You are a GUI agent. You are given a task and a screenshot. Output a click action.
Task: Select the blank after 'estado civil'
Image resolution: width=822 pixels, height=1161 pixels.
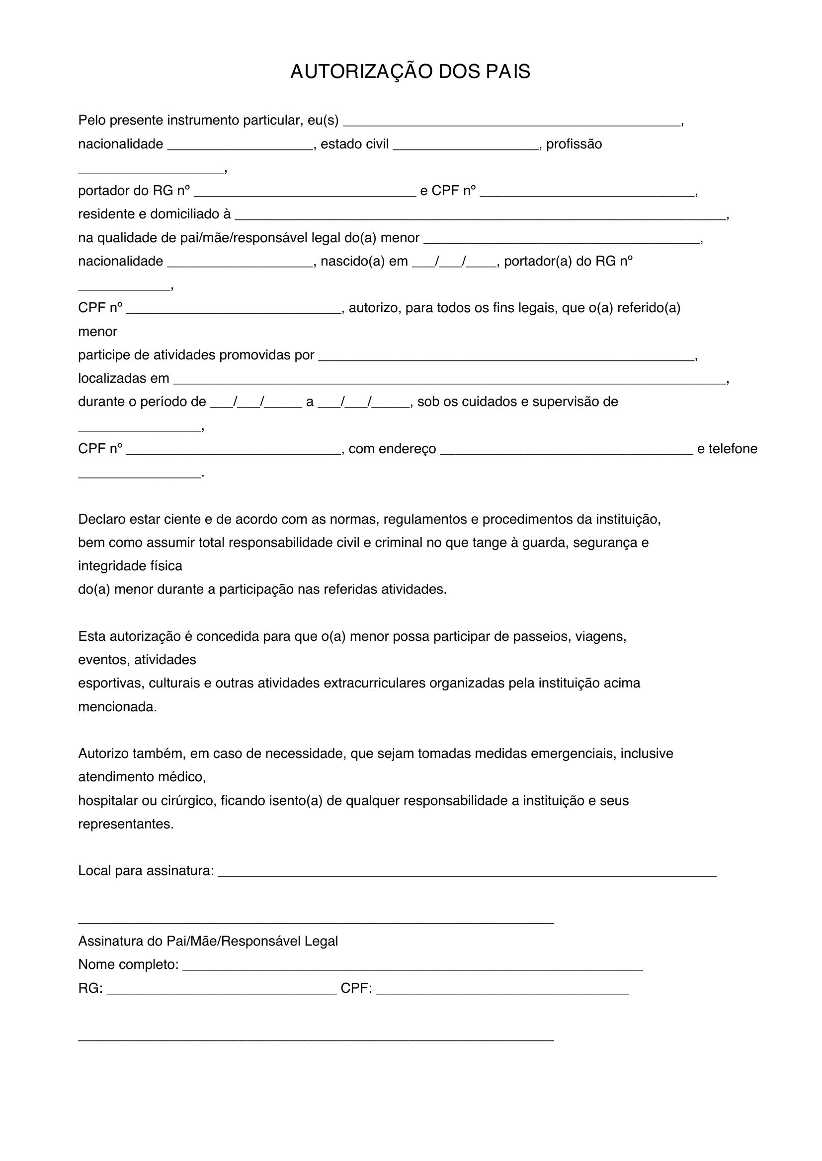point(465,146)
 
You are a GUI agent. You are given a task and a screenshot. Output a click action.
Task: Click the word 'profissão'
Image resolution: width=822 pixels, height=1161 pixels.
point(574,144)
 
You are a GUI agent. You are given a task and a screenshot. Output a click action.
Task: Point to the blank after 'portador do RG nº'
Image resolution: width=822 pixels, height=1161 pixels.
point(305,193)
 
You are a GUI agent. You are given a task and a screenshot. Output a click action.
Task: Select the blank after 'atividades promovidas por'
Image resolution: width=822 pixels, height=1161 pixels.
point(506,357)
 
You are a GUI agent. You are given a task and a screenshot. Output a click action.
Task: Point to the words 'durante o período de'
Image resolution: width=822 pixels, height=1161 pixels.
point(142,402)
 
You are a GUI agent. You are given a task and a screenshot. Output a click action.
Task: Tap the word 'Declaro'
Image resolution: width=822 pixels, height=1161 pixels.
point(102,519)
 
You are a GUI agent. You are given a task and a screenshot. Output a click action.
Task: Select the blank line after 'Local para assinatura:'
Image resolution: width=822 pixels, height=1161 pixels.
point(467,873)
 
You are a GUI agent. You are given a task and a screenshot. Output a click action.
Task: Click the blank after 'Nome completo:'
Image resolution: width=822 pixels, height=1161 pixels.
point(412,967)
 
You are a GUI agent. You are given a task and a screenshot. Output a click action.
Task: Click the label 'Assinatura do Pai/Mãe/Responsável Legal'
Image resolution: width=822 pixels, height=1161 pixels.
point(208,941)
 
